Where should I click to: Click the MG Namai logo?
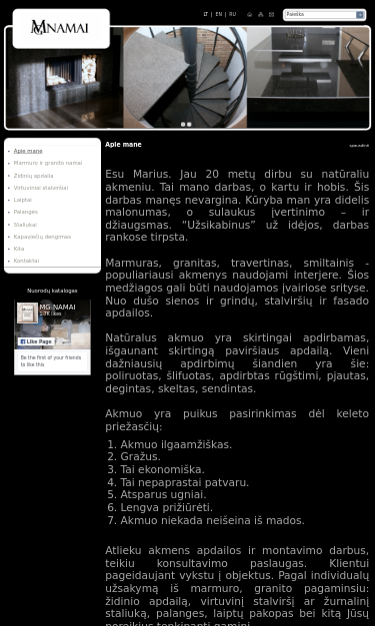tap(60, 28)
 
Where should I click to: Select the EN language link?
tap(219, 14)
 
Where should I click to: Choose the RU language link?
tap(232, 14)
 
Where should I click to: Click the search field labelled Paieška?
tap(319, 15)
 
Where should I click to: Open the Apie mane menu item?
tap(28, 151)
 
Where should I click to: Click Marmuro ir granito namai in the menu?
tap(48, 163)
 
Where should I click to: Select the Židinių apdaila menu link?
tap(33, 176)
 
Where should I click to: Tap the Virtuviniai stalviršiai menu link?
tap(41, 188)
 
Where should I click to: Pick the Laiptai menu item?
tap(22, 200)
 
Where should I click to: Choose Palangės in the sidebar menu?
tap(25, 212)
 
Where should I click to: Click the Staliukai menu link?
tap(25, 225)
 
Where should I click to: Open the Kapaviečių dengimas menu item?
tap(42, 237)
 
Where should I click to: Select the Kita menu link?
tap(18, 249)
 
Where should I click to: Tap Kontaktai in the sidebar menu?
tap(26, 261)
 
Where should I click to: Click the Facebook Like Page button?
tap(35, 341)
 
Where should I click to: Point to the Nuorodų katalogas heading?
tap(52, 291)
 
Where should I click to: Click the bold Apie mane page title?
tap(123, 145)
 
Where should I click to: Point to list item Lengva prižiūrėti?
tap(166, 507)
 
